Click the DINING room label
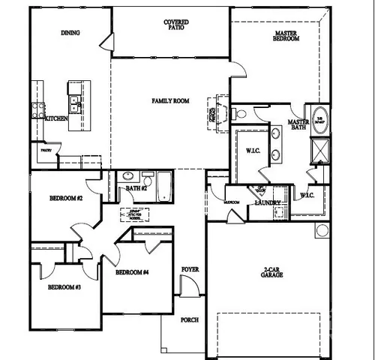(71, 33)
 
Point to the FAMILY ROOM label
(170, 100)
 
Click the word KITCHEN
(58, 118)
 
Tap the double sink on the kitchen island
(76, 102)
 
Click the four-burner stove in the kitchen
(35, 110)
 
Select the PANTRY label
(45, 150)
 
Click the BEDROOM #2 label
(64, 199)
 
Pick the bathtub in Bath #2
(164, 186)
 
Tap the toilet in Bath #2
(127, 178)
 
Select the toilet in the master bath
(242, 114)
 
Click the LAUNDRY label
(268, 202)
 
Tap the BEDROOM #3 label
(64, 286)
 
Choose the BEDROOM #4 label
(133, 272)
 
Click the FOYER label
(190, 268)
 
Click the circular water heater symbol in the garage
(322, 229)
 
